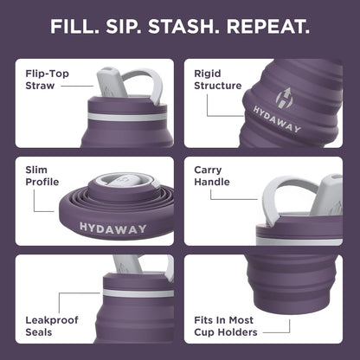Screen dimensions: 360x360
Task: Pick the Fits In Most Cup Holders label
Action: coord(225,325)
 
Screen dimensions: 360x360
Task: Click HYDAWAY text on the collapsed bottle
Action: coord(107,227)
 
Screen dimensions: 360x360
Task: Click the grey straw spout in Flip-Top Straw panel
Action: coord(111,82)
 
